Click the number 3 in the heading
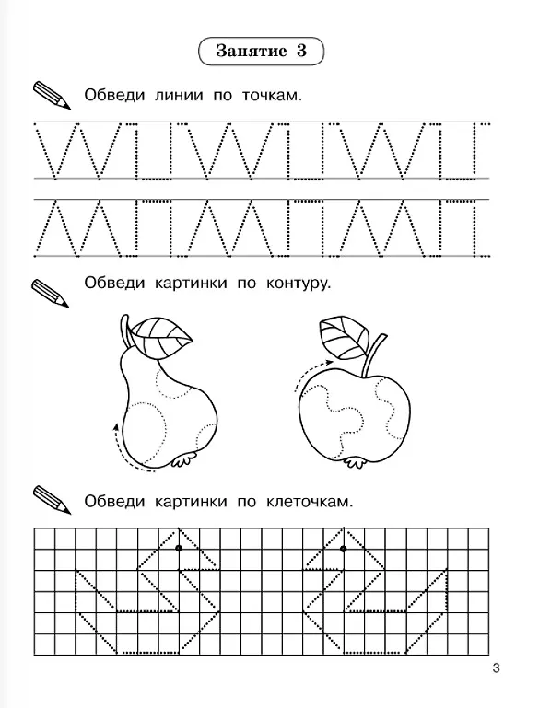pyautogui.click(x=301, y=51)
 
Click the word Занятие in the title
pyautogui.click(x=252, y=51)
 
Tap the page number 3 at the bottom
pyautogui.click(x=496, y=667)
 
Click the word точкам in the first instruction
pyautogui.click(x=272, y=95)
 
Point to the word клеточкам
pyautogui.click(x=309, y=501)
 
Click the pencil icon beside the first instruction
pyautogui.click(x=52, y=95)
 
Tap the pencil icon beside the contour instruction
pyautogui.click(x=51, y=294)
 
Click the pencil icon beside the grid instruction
pyautogui.click(x=52, y=499)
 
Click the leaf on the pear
pyautogui.click(x=162, y=337)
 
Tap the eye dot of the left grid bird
pyautogui.click(x=179, y=548)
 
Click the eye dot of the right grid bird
pyautogui.click(x=344, y=549)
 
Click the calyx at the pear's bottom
pyautogui.click(x=185, y=459)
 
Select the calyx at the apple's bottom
pyautogui.click(x=354, y=463)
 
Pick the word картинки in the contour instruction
pyautogui.click(x=191, y=284)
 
